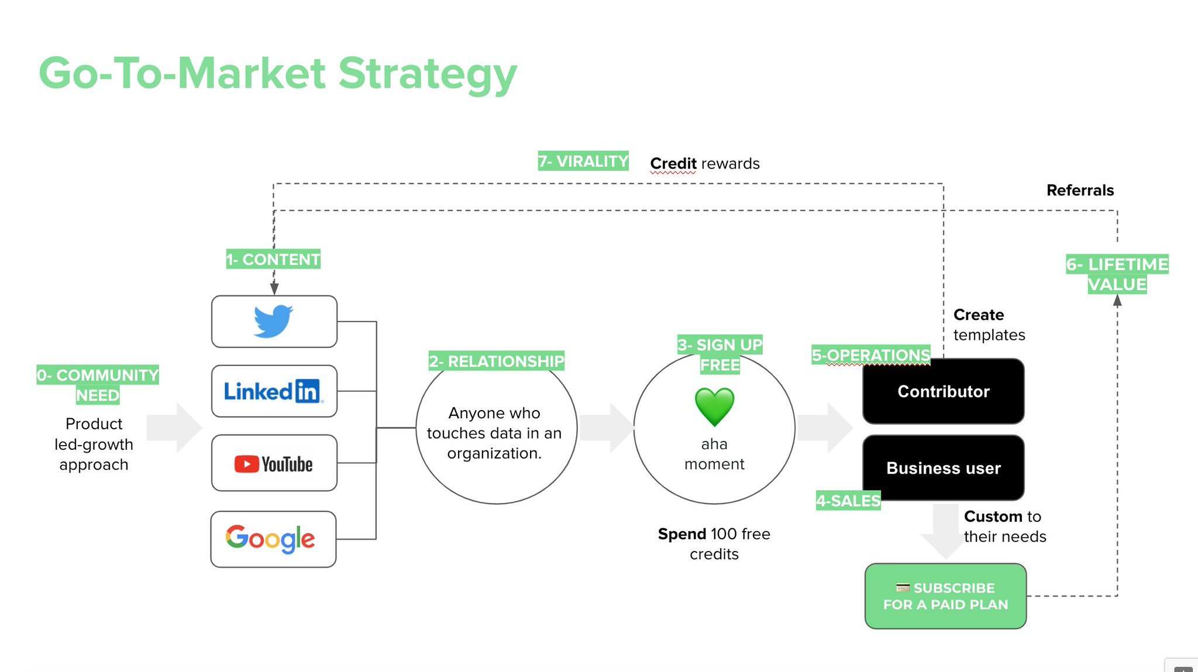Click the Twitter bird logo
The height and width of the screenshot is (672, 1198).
pos(273,321)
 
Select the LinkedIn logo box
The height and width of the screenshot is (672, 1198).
pos(274,391)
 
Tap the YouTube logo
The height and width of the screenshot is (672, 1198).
pos(273,464)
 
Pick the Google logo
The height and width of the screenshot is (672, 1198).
pos(270,539)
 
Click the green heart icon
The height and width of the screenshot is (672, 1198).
pos(714,407)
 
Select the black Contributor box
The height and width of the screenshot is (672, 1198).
pos(944,391)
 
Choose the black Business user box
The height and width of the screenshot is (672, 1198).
pos(944,468)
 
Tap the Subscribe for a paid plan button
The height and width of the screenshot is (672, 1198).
pos(946,596)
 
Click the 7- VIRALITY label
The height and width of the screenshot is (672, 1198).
pos(583,161)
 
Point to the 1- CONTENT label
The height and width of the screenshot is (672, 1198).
pos(273,259)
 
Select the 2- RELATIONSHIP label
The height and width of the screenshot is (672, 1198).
pos(497,361)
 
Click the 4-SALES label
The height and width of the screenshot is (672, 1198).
pos(848,501)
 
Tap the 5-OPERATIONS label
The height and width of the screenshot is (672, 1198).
pos(871,355)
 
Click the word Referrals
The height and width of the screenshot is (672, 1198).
pos(1080,190)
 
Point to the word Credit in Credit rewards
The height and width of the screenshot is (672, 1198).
pos(673,163)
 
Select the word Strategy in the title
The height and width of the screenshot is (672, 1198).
pos(428,74)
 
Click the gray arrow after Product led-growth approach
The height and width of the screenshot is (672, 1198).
pos(174,428)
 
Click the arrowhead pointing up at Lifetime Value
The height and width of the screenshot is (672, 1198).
pos(1117,301)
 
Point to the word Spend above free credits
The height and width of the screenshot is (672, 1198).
pos(682,534)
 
